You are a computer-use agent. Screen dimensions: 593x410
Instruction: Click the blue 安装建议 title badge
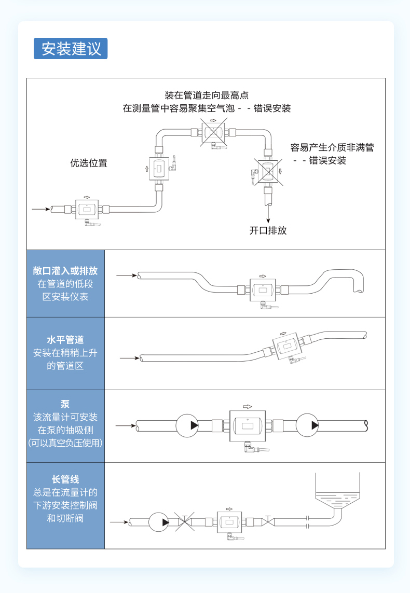tap(71, 48)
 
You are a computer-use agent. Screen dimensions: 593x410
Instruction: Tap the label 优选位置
tap(89, 163)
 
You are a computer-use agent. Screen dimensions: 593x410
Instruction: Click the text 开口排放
tap(268, 230)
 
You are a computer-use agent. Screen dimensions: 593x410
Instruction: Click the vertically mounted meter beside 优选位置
tap(160, 169)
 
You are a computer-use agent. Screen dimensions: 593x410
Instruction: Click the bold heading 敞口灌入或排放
tap(65, 271)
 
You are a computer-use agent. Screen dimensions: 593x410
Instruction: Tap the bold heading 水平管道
tap(65, 340)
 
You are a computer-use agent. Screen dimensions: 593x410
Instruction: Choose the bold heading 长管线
tap(65, 479)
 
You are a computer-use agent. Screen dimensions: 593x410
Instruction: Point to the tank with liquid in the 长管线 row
tap(337, 493)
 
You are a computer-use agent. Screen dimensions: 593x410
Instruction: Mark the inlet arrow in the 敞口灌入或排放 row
tap(126, 275)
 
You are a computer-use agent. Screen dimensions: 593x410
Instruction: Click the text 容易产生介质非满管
tap(332, 147)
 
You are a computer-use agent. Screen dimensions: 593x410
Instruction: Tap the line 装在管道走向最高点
tap(207, 95)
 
